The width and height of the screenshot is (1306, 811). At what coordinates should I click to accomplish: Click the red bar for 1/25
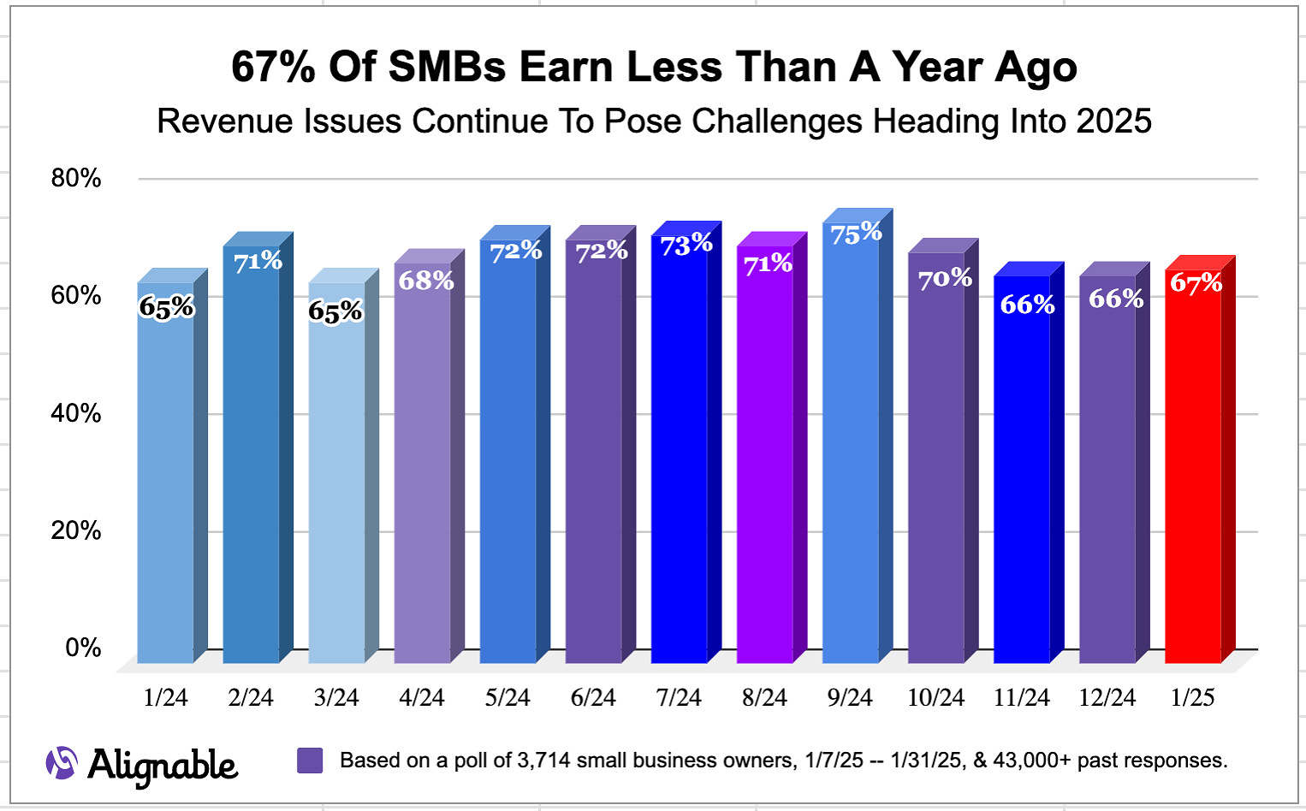coord(1193,471)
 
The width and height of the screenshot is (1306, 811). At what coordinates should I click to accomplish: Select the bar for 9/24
coord(851,445)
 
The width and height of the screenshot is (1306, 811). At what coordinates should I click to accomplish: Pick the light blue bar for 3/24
coord(337,479)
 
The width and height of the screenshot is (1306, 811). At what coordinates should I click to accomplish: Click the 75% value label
coord(856,233)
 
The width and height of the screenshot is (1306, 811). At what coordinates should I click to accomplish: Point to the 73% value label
coord(686,245)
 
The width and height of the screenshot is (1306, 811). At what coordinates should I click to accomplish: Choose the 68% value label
coord(426,280)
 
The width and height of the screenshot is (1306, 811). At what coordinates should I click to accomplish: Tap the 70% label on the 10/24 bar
coord(945,278)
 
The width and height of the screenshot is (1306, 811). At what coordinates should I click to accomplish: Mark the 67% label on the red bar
coord(1196,282)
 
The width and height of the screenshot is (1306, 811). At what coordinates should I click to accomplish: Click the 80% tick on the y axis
coord(76,178)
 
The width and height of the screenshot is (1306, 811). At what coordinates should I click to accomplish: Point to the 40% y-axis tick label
coord(76,413)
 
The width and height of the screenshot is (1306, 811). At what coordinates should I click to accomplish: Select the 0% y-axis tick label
coord(83,648)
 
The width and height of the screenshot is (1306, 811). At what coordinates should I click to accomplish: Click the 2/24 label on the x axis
coord(251,698)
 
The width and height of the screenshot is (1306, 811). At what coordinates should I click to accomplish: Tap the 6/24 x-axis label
coord(593,698)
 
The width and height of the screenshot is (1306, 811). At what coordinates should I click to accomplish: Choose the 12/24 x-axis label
coord(1107,698)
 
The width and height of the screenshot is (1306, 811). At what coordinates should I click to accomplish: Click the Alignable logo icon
coord(62,763)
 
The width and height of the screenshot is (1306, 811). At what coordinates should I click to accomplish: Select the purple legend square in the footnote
coord(310,761)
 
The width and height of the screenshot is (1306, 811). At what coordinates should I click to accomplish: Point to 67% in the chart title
coord(273,68)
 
